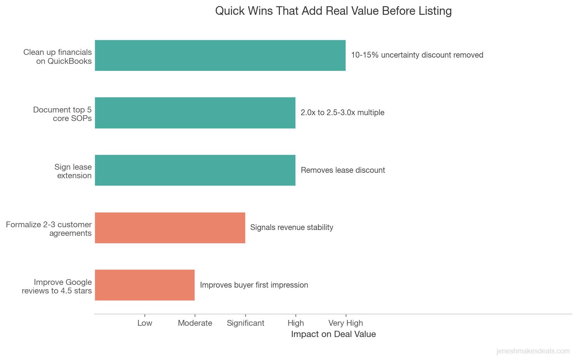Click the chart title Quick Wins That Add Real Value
click(x=333, y=11)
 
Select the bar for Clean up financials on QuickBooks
click(x=220, y=55)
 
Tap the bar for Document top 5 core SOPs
click(x=195, y=113)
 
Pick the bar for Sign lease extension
click(x=195, y=170)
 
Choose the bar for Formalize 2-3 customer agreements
click(x=170, y=228)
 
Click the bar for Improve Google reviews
click(x=144, y=285)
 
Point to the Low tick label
click(x=145, y=323)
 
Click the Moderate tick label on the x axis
click(x=195, y=323)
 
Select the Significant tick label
click(x=245, y=323)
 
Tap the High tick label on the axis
click(x=295, y=323)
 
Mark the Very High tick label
click(x=346, y=323)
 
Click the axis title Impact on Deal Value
click(x=333, y=334)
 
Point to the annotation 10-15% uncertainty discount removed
click(x=417, y=55)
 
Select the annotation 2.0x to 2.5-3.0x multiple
click(x=343, y=113)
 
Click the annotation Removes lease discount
click(x=343, y=170)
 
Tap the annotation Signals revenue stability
click(x=292, y=228)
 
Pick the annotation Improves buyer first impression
click(x=254, y=285)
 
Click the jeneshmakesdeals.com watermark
click(x=533, y=351)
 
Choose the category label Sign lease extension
click(x=74, y=171)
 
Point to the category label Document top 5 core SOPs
click(x=63, y=114)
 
